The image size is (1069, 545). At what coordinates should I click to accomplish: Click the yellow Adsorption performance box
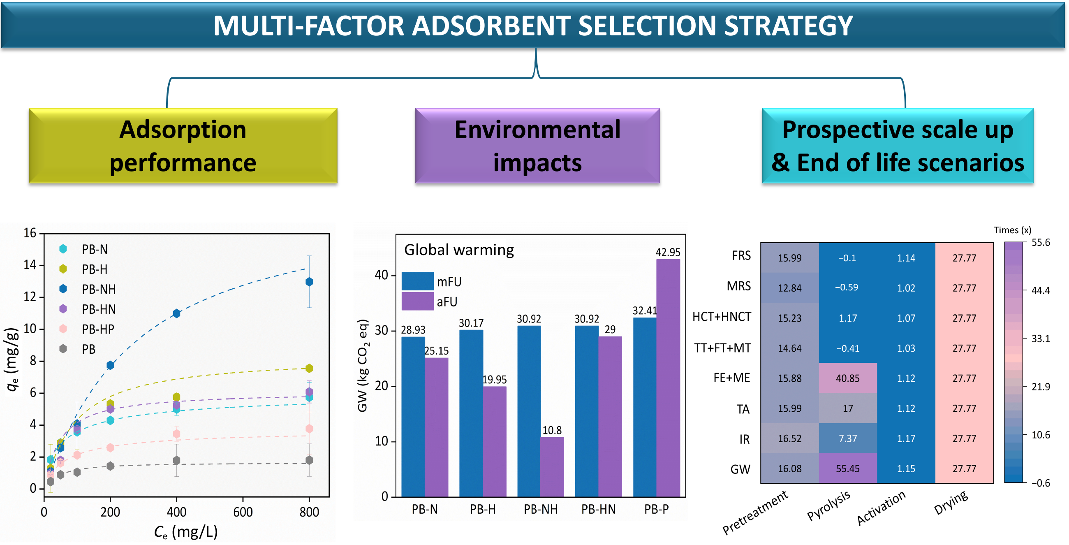coord(183,146)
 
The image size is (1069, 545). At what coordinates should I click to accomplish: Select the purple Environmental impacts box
coord(537,146)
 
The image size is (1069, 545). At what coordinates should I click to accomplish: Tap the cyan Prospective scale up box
coord(898,146)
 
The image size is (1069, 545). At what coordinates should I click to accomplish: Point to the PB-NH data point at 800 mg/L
coord(309,282)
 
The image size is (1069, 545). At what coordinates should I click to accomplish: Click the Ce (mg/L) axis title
coord(186,532)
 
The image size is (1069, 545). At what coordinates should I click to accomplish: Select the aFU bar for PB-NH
coord(552,467)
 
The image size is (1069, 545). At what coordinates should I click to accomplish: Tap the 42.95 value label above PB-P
coord(668,252)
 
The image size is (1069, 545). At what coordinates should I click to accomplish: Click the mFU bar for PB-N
coord(413,417)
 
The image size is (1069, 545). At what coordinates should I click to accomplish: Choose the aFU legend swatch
coord(417,301)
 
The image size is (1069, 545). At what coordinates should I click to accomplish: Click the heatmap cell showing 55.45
coord(847,468)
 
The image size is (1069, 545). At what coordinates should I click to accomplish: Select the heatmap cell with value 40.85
coord(847,378)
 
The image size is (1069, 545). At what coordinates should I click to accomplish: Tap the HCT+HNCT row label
coord(722,317)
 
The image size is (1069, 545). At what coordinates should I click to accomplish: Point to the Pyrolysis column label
coord(828,506)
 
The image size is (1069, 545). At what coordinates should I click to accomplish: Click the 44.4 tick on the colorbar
coord(1041,290)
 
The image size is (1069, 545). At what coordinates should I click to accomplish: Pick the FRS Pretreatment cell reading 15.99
coord(790,258)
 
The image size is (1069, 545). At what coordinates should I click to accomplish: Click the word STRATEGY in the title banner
coord(788,26)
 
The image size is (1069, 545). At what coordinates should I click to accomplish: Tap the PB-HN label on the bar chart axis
coord(598,509)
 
